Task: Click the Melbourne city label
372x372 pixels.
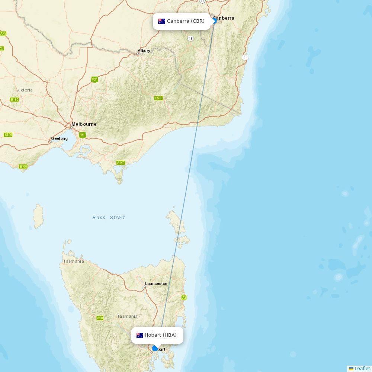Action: pos(84,124)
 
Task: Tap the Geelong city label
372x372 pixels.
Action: pos(60,139)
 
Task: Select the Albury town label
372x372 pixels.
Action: pos(144,51)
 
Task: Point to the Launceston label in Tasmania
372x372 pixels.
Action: pos(156,283)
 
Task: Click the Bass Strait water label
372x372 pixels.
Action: pos(109,218)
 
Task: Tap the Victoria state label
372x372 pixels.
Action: pos(25,90)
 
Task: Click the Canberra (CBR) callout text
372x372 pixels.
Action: pos(186,21)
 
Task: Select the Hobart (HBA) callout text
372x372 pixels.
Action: pos(161,335)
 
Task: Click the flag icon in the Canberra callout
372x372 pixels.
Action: pos(161,21)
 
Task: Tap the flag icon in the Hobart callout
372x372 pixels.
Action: pos(140,335)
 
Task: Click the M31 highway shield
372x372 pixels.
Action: pos(94,80)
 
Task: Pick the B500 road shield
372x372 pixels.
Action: pos(158,98)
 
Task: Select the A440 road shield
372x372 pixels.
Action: pos(121,163)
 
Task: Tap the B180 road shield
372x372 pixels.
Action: pos(15,100)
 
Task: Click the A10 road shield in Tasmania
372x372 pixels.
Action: pos(100,318)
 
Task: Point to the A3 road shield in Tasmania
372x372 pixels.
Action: pos(184,298)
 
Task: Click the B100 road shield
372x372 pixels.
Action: pos(23,167)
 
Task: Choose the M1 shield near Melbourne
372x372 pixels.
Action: pos(82,135)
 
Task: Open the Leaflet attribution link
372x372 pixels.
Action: pos(362,368)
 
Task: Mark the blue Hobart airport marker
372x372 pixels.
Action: pos(155,349)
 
